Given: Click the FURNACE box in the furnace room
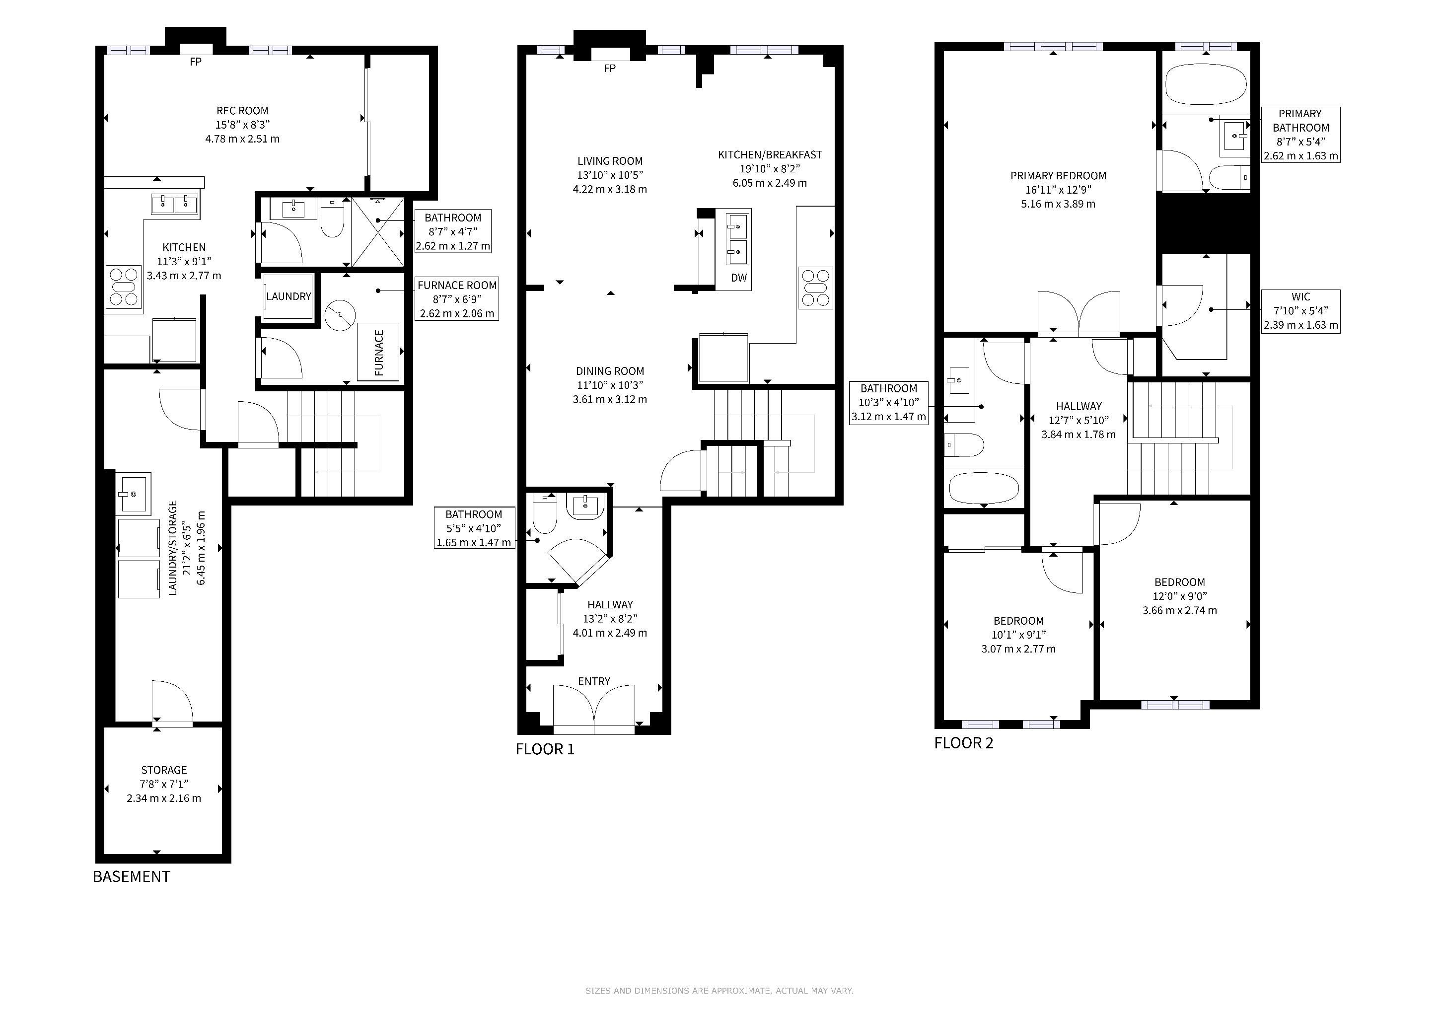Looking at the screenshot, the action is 378,352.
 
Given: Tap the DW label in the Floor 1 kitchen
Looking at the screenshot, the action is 739,278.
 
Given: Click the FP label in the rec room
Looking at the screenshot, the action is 196,62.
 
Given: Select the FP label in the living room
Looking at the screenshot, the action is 609,68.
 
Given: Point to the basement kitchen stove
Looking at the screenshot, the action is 123,287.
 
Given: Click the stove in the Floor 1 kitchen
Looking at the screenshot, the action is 816,288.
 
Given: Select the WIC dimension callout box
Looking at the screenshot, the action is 1300,311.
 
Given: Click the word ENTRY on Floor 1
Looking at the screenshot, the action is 594,681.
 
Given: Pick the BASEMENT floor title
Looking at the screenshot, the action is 132,877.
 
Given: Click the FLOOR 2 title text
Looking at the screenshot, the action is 964,743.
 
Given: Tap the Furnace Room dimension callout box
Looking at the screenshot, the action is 457,299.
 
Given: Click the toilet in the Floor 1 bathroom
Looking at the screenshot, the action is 544,513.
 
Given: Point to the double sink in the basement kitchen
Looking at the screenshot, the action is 175,204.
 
